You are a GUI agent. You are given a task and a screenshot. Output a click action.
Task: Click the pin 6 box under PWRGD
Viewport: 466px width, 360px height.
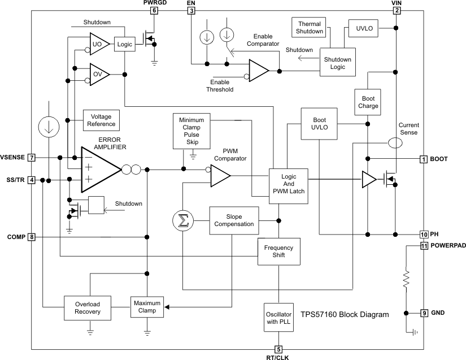(x=154, y=10)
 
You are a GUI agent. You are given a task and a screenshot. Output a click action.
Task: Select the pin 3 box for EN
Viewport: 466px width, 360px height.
(x=191, y=10)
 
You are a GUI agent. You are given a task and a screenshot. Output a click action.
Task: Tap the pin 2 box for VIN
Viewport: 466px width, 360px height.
(x=397, y=10)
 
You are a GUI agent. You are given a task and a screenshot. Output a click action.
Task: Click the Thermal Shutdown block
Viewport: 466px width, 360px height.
(x=309, y=28)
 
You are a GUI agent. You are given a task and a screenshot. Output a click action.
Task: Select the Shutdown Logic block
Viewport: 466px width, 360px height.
(x=337, y=63)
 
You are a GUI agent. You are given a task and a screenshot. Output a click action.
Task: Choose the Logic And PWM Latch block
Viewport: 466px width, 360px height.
(x=288, y=184)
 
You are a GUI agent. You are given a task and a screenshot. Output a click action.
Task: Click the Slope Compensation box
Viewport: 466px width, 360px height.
(x=234, y=220)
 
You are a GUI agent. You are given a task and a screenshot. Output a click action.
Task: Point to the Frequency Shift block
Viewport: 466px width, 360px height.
(x=278, y=251)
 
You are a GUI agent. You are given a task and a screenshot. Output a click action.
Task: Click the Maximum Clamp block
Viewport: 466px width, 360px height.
(x=147, y=307)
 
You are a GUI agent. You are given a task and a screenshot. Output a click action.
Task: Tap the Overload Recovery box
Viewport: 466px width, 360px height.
(x=87, y=307)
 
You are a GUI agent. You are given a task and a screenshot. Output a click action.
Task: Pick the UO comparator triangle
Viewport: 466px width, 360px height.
(x=98, y=44)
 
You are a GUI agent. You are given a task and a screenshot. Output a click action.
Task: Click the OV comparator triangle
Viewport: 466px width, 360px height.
(x=98, y=74)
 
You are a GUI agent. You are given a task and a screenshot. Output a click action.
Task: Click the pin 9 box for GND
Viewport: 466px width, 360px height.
(x=424, y=313)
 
